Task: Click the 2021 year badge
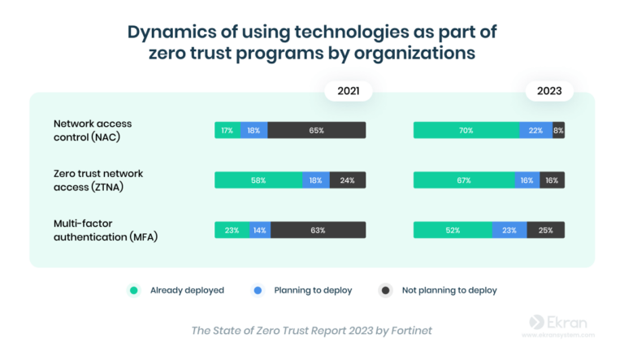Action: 348,91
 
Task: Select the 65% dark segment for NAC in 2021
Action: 316,130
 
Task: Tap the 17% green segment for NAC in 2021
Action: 227,130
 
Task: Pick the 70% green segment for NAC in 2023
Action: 466,130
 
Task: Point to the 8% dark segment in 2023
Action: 558,130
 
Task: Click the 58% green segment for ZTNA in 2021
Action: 258,180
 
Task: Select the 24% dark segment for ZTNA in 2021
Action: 347,180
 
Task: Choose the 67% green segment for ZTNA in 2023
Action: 463,180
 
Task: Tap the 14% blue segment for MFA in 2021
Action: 260,230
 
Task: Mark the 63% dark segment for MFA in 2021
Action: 318,230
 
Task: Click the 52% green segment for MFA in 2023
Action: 452,230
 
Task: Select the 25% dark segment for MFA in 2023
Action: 545,230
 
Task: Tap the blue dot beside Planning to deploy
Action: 258,290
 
